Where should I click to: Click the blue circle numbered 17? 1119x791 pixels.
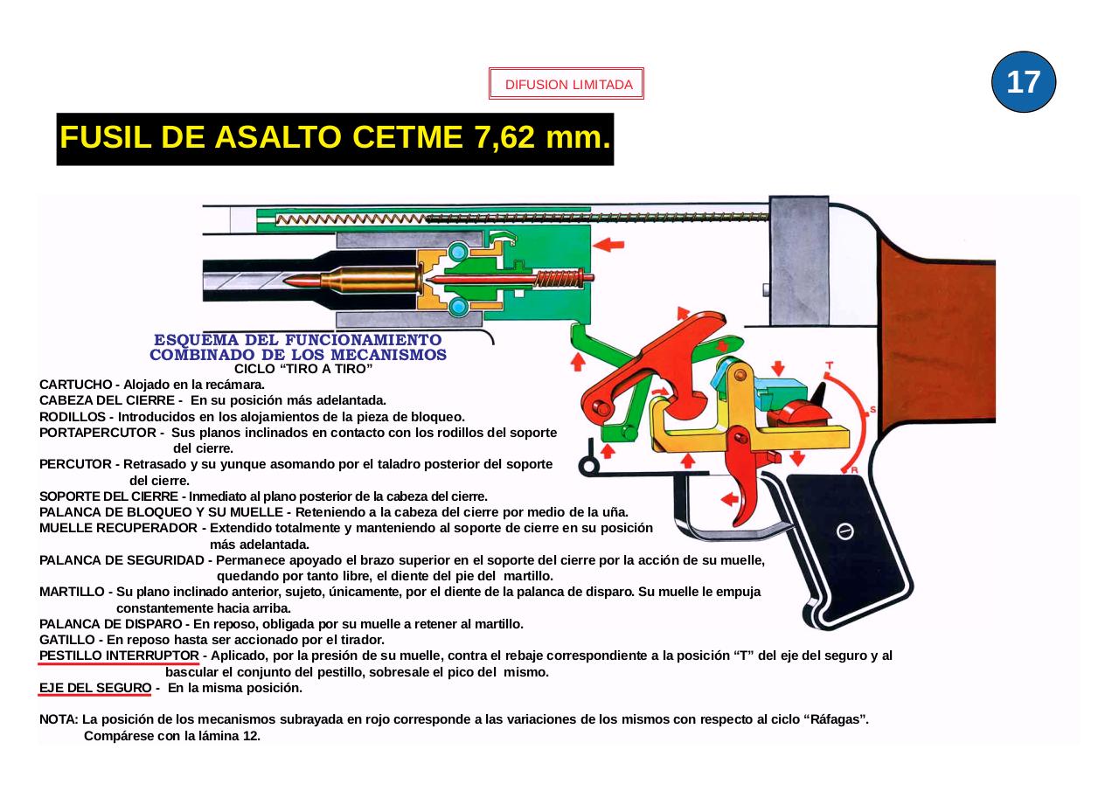click(1024, 82)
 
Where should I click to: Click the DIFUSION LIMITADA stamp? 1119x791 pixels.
click(566, 85)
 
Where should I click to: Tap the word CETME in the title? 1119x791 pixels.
click(409, 138)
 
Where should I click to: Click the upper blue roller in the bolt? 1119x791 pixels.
click(457, 253)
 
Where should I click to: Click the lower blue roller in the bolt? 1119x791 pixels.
click(457, 307)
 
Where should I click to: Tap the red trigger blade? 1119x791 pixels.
click(748, 489)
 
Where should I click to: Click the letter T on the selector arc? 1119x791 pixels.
click(829, 366)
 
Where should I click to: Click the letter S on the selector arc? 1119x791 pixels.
click(872, 410)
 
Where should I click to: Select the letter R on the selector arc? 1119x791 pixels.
click(854, 470)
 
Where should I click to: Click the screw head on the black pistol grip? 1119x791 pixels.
click(845, 531)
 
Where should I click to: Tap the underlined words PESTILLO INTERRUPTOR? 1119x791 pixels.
click(119, 656)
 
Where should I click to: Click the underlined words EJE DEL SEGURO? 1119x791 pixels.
click(95, 688)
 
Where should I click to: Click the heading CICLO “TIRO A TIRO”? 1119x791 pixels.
click(303, 370)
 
